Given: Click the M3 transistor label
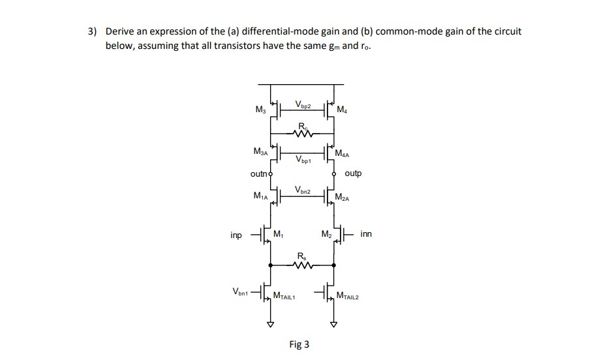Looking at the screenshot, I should (261, 108).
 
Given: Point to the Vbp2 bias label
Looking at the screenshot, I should (303, 104).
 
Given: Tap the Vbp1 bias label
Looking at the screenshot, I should (303, 158).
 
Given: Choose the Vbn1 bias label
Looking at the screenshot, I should (241, 292).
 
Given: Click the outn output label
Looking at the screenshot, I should (259, 174).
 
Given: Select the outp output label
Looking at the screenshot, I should (352, 173).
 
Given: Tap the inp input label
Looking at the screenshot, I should (236, 234).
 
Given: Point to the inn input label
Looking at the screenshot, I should (366, 233).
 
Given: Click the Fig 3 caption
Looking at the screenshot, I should (299, 344).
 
